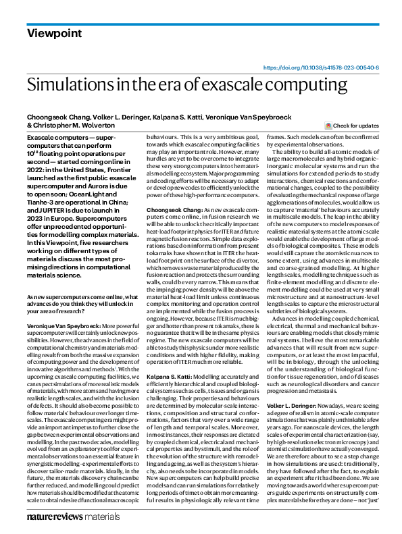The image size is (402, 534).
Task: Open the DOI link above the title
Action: coord(320,68)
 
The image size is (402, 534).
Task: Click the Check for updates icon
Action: coord(328,126)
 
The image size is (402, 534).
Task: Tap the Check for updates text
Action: coord(356,126)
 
